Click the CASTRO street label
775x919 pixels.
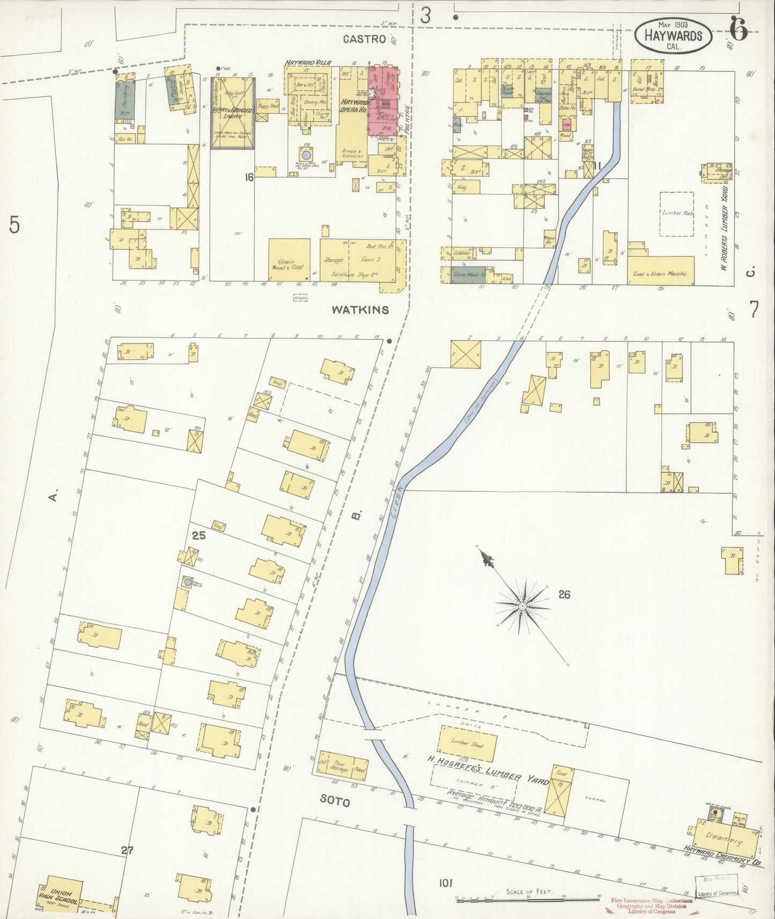pos(365,39)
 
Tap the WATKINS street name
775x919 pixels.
pos(360,310)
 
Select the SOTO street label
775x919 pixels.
pos(335,802)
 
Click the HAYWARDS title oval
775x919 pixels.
pos(673,35)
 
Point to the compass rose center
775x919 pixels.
pos(521,606)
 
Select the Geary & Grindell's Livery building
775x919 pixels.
pos(232,113)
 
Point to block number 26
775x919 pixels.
pos(564,594)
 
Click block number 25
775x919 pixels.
pos(199,535)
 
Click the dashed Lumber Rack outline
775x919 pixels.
pos(676,213)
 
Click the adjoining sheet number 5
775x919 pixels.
pos(14,225)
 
